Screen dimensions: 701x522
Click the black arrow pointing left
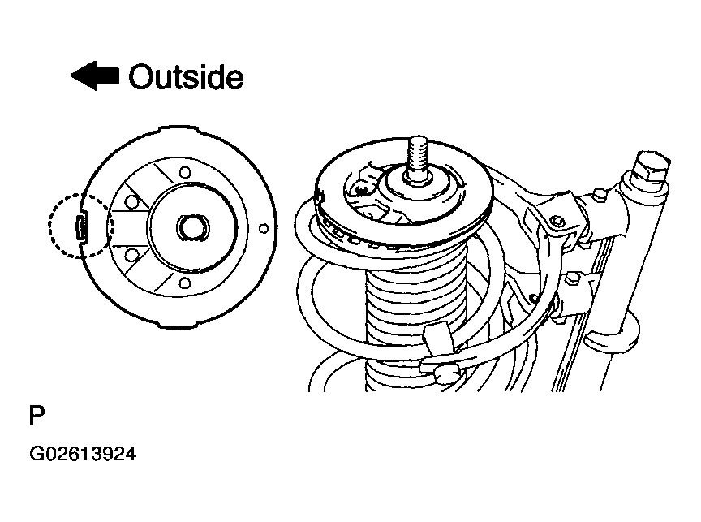point(95,75)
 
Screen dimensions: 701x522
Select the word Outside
point(186,77)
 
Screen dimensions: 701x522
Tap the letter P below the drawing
point(37,416)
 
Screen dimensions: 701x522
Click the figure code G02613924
point(83,454)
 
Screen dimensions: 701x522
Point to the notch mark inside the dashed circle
point(80,226)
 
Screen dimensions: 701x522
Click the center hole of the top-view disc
point(193,226)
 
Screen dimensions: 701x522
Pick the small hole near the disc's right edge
point(264,229)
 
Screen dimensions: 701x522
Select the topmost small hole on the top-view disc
point(185,172)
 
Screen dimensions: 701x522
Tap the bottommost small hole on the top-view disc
point(185,283)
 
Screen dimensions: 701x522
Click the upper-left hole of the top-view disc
point(131,202)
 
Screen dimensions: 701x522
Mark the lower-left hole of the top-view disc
point(131,256)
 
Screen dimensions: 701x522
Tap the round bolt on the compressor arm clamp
point(556,221)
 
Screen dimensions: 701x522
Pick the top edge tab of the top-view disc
point(178,129)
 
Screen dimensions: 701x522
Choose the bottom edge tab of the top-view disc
point(178,326)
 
